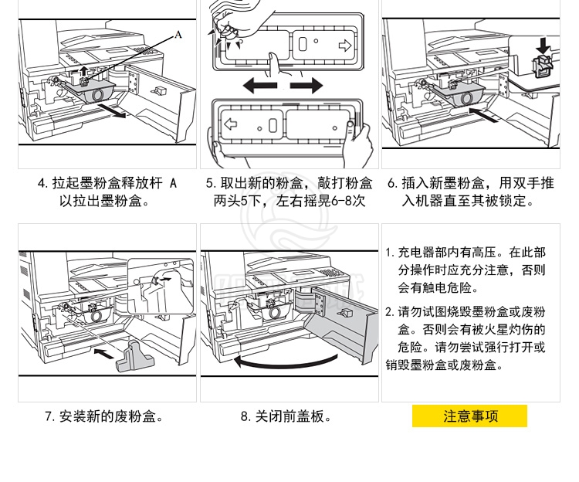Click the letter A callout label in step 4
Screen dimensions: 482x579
click(x=178, y=34)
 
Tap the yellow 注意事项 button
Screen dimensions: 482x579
click(x=470, y=416)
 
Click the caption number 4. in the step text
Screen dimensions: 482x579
click(x=42, y=184)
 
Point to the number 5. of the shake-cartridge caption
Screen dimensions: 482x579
click(x=211, y=184)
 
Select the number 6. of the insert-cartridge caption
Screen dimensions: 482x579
click(x=391, y=184)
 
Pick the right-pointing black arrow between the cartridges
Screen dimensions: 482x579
click(x=306, y=85)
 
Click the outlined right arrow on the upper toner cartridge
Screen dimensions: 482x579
click(x=345, y=46)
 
